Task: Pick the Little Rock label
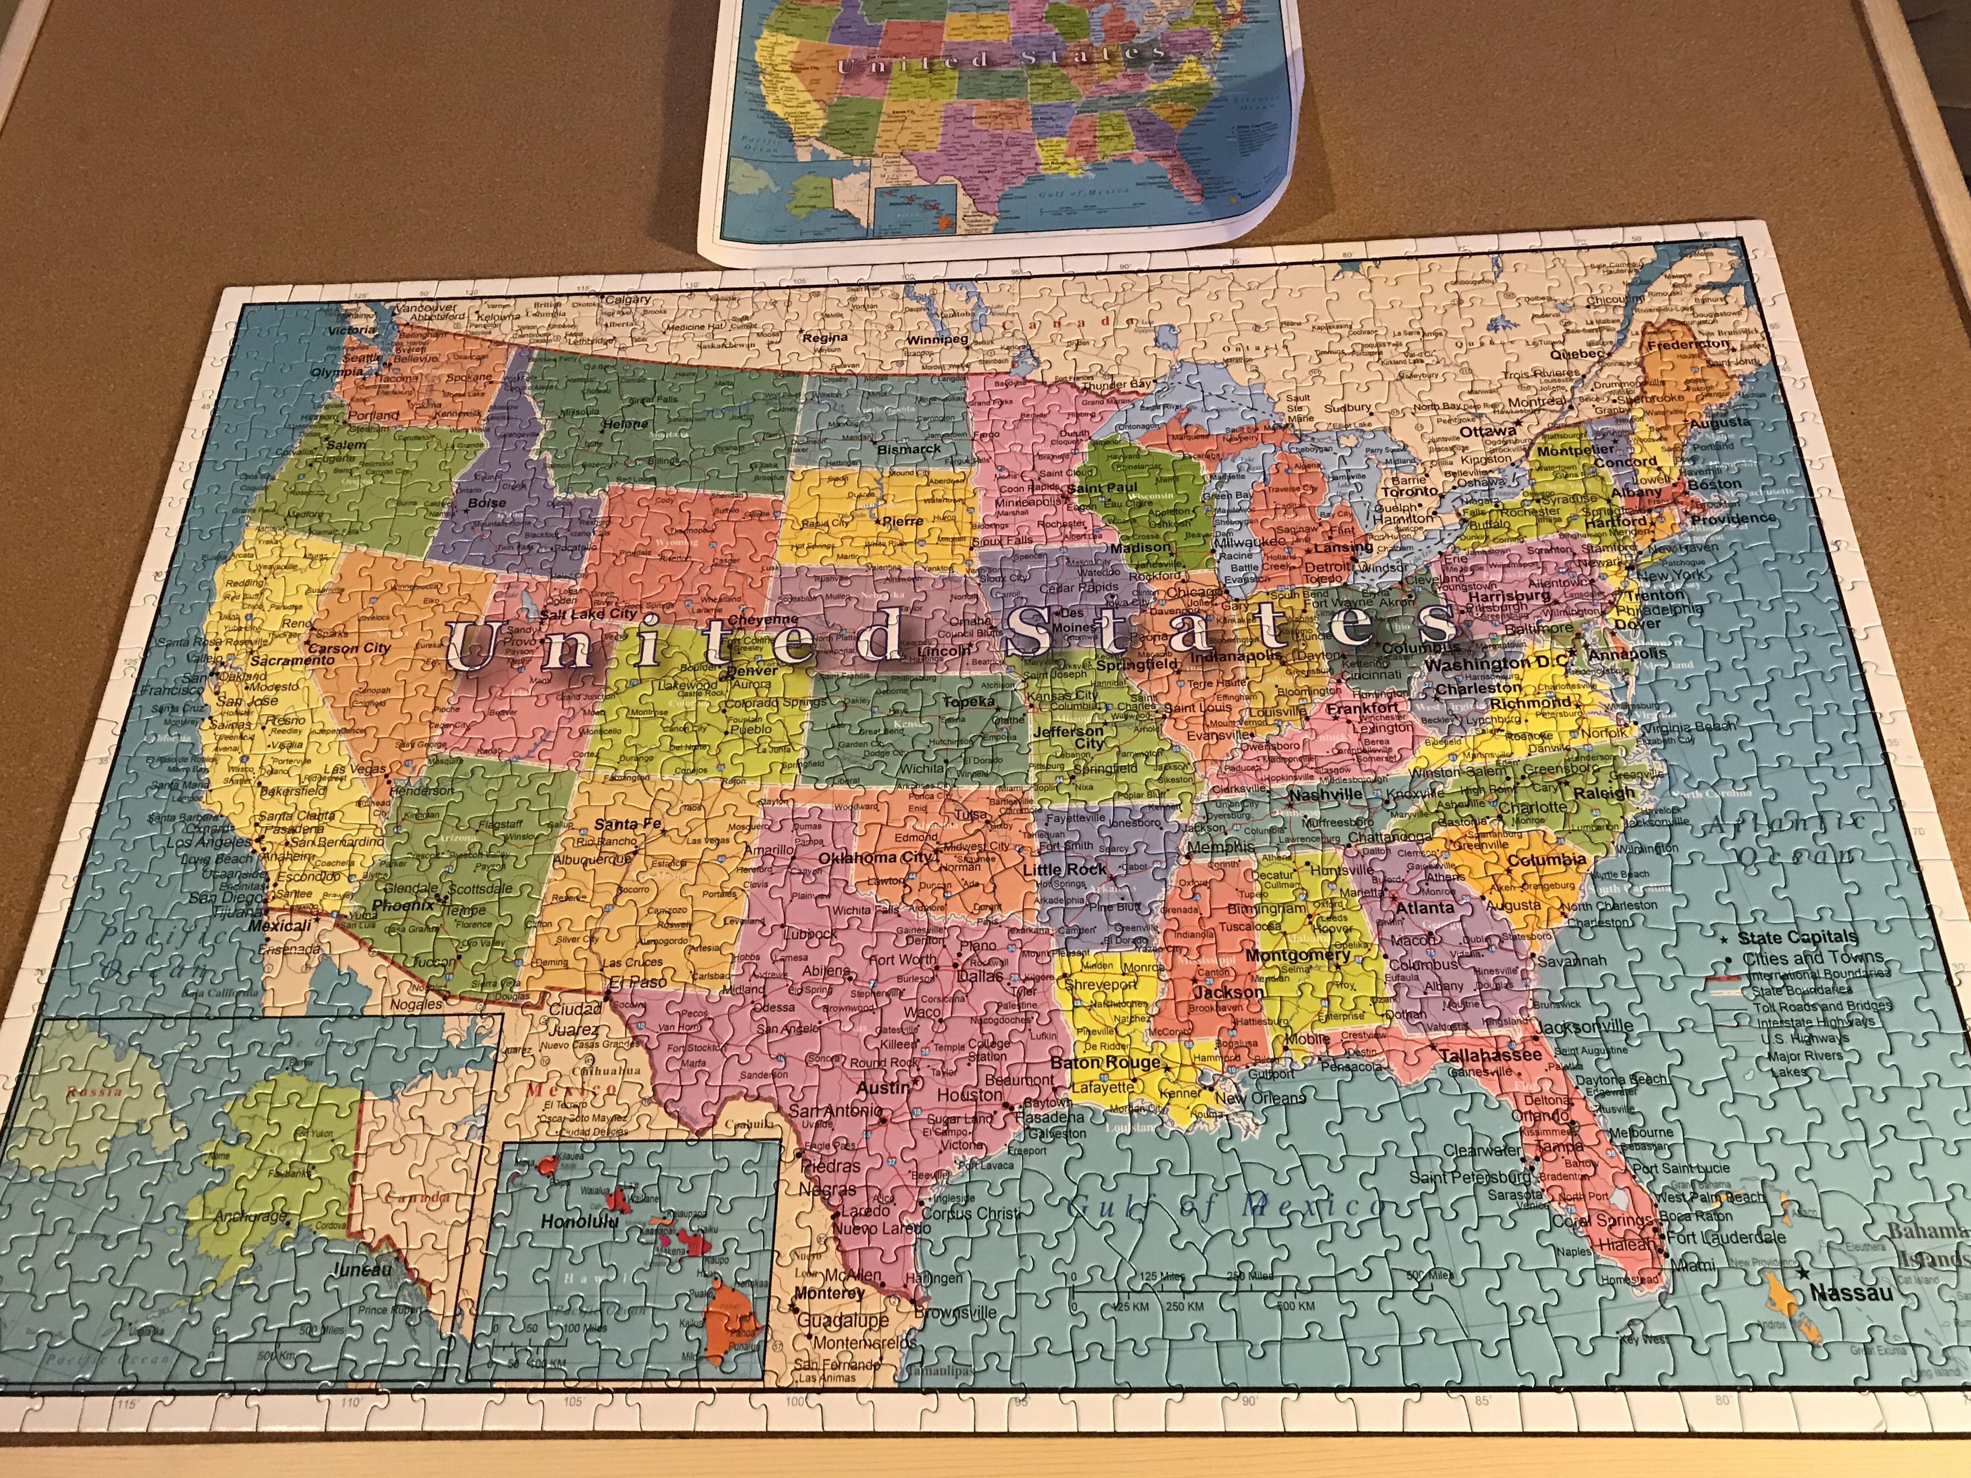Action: [1064, 869]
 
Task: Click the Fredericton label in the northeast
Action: [1687, 344]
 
